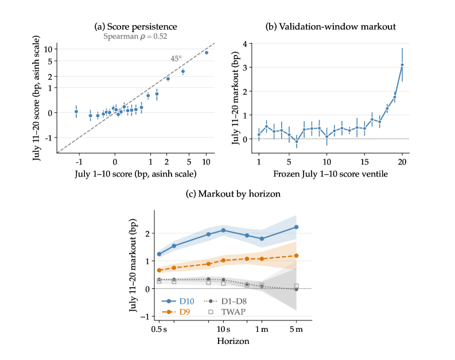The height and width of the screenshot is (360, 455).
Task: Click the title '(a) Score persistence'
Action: (135, 27)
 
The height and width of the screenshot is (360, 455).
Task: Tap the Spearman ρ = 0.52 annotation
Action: (135, 37)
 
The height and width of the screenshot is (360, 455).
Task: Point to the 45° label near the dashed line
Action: (176, 58)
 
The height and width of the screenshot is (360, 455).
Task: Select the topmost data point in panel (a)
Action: (207, 53)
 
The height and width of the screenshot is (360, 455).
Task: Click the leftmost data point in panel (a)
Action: (76, 112)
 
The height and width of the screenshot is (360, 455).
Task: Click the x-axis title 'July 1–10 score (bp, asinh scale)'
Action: (135, 174)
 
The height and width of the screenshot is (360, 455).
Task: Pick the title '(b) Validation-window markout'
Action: (330, 27)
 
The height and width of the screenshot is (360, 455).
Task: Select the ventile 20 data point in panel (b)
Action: (402, 65)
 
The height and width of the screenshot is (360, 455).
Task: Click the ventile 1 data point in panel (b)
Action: (259, 135)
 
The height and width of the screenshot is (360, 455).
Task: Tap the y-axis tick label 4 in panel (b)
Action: (246, 44)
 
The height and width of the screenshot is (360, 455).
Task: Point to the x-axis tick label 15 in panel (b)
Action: (364, 162)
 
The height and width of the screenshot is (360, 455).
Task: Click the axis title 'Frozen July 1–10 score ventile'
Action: (330, 174)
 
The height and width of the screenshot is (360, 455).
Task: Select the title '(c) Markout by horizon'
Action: (233, 194)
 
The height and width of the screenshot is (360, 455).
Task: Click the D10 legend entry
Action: (178, 302)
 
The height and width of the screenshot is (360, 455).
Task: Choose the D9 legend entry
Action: (176, 312)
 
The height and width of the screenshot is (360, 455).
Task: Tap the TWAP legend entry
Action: (227, 312)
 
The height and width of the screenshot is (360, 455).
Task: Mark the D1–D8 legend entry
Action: (225, 302)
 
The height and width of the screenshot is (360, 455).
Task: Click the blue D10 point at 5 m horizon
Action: (296, 227)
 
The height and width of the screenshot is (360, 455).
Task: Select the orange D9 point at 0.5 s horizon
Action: (159, 270)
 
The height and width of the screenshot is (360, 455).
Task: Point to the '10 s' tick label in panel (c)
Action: (223, 330)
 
